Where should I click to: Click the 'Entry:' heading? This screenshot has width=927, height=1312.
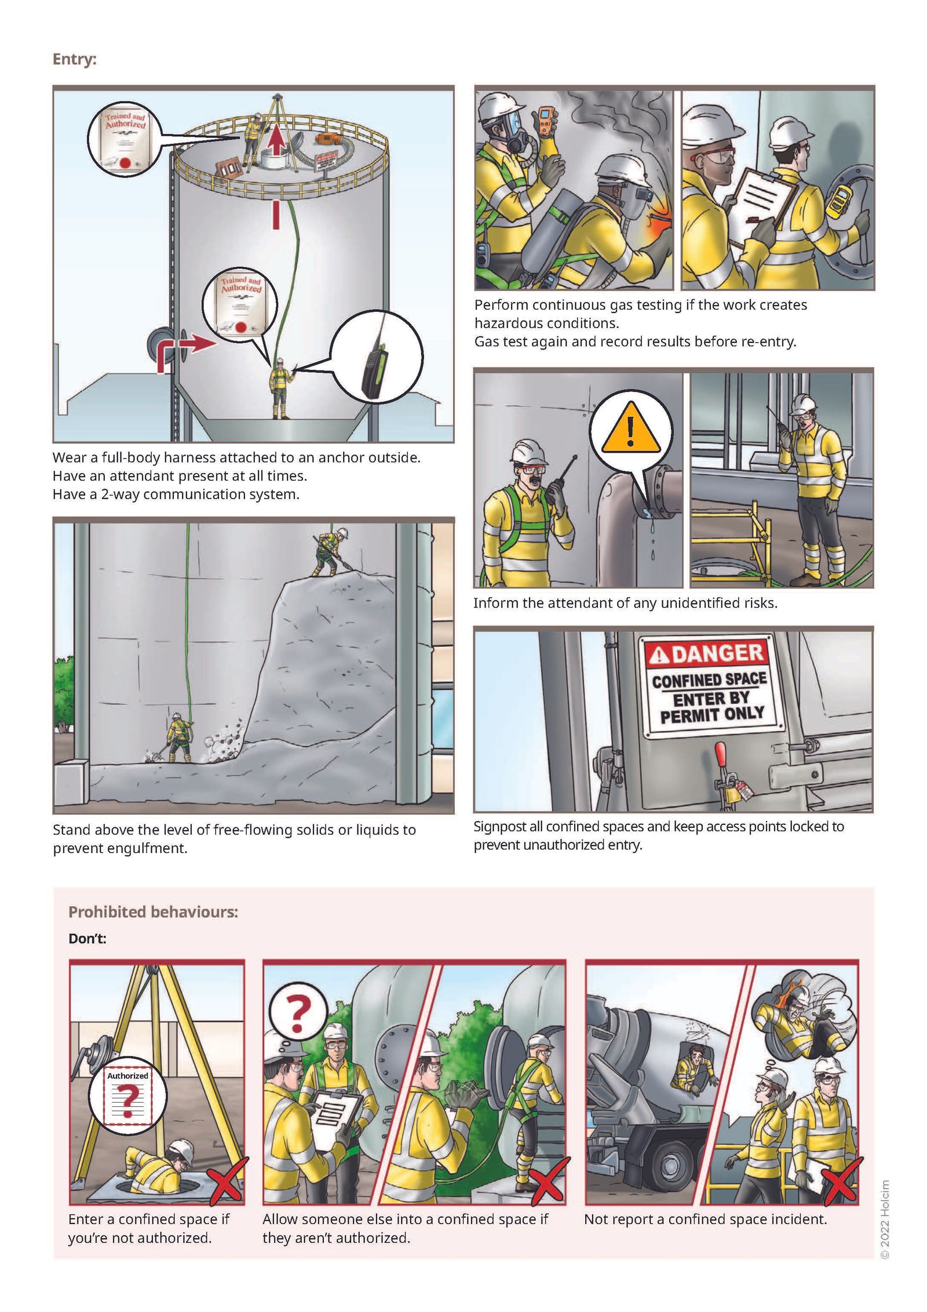coord(74,59)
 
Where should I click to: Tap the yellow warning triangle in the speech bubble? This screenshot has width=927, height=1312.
coord(631,429)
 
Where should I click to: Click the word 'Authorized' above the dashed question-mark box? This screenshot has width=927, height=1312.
coord(127,1075)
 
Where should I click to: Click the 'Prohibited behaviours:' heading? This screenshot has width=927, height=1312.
coord(153,912)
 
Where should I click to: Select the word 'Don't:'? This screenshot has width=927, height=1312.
coord(87,938)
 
